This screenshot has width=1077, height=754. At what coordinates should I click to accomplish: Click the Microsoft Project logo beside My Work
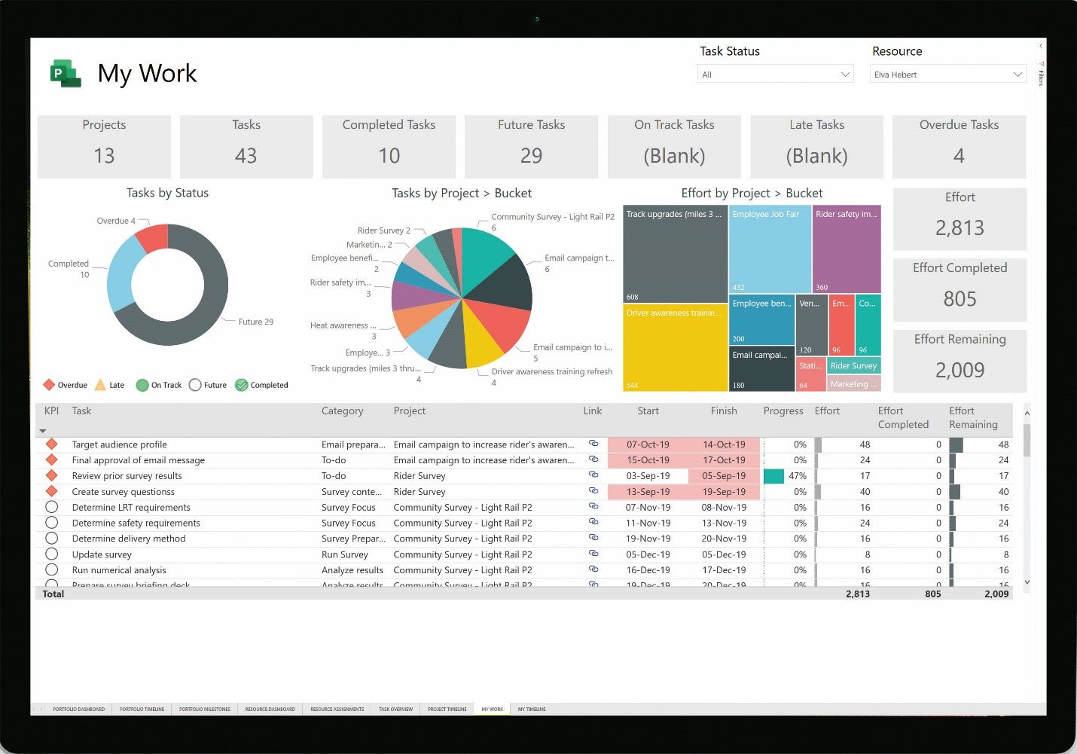tap(66, 73)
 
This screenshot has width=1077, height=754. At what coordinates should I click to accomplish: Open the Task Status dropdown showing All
tap(775, 75)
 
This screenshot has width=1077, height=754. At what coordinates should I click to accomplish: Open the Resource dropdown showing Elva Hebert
tap(947, 75)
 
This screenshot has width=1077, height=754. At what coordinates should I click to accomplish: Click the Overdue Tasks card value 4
tap(959, 156)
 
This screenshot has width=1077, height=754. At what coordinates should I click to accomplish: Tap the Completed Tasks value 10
tap(389, 156)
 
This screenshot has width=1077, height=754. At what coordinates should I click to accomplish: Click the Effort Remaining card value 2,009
tap(960, 370)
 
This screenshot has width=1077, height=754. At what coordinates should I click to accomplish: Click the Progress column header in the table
tap(783, 411)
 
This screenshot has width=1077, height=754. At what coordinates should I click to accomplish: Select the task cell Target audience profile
tap(120, 444)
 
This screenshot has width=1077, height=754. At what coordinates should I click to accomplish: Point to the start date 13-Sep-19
tap(648, 492)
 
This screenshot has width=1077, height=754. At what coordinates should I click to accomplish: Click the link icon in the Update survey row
tap(593, 554)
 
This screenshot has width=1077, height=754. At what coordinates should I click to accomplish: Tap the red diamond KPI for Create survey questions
tap(52, 491)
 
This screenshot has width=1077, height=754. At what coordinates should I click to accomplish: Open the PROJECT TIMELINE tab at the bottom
tap(447, 709)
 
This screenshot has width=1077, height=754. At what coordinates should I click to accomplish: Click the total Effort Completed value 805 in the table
tap(932, 594)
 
